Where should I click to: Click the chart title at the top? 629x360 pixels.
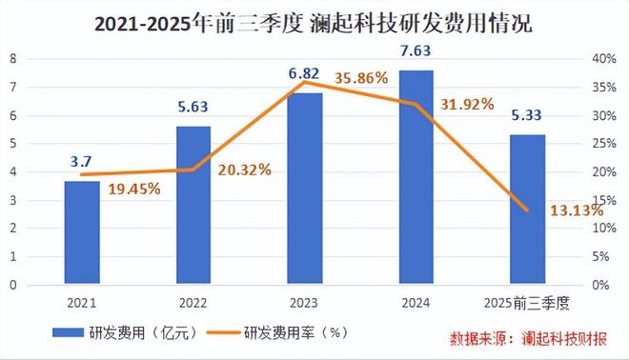[314, 23]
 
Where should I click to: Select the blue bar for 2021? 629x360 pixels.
[82, 232]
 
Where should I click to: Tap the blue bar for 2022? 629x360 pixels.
[193, 205]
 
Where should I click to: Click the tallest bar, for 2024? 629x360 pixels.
[416, 177]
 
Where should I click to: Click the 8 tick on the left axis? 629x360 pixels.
[13, 58]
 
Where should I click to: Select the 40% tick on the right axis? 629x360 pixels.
[606, 58]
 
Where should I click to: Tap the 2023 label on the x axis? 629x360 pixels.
[305, 303]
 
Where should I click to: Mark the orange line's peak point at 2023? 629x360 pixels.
[305, 82]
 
